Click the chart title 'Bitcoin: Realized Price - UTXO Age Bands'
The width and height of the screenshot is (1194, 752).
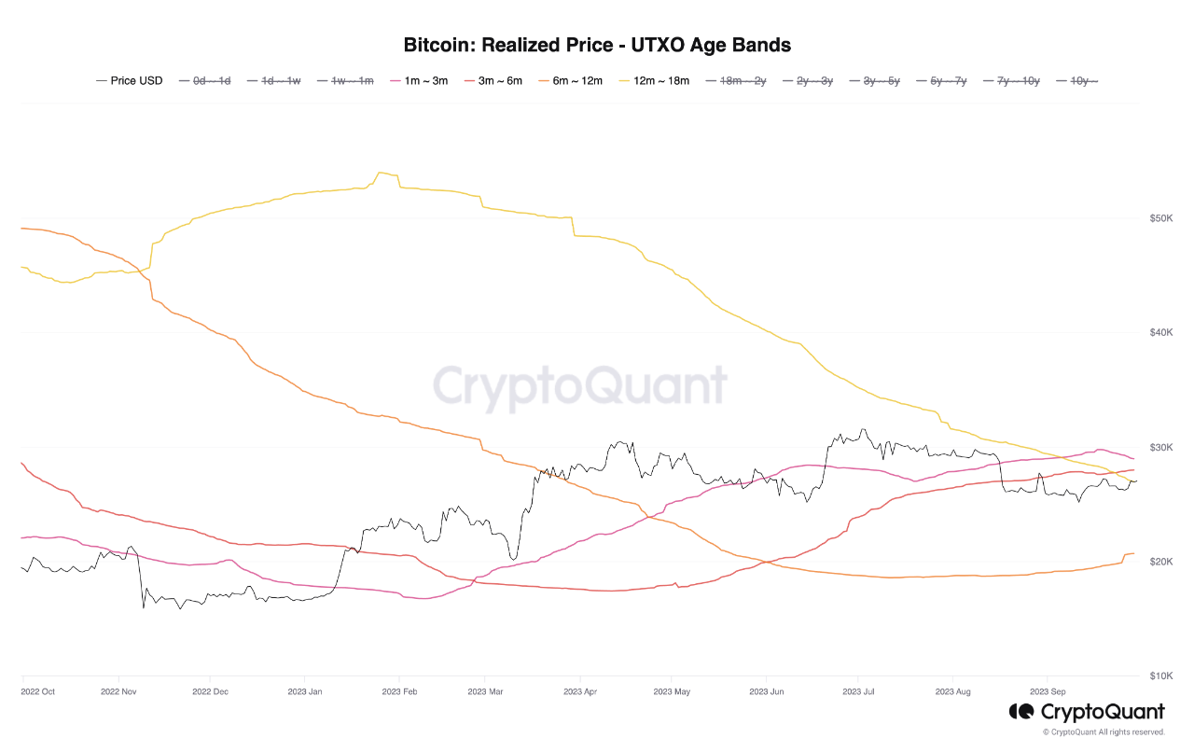pos(597,45)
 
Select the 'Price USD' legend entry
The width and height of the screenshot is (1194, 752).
pos(130,81)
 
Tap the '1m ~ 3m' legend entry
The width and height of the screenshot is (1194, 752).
pos(419,81)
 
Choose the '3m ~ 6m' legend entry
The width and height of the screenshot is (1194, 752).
pos(495,81)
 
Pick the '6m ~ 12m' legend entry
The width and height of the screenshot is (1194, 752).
pos(571,81)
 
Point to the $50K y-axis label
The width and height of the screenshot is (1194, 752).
pos(1160,218)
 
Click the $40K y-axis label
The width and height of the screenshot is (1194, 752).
pos(1160,333)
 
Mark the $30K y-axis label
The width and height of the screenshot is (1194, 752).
pos(1160,448)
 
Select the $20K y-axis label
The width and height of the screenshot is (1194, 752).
pos(1160,562)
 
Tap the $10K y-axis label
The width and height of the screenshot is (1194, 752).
pos(1160,675)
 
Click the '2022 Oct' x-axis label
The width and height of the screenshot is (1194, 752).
pos(38,691)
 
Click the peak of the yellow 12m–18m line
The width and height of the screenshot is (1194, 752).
pos(380,173)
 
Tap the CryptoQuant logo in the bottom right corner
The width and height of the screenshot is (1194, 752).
pos(1087,712)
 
